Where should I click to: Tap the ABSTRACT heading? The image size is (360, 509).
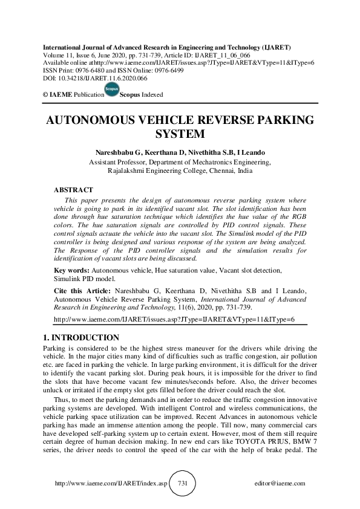pyautogui.click(x=74, y=190)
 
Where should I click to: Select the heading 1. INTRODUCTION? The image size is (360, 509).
pyautogui.click(x=82, y=337)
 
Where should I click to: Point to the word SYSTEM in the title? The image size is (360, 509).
pyautogui.click(x=180, y=134)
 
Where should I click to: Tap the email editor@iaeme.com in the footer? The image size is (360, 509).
pyautogui.click(x=280, y=484)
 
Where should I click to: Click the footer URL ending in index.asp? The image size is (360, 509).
pyautogui.click(x=111, y=484)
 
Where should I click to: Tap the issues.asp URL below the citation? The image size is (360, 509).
pyautogui.click(x=174, y=318)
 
